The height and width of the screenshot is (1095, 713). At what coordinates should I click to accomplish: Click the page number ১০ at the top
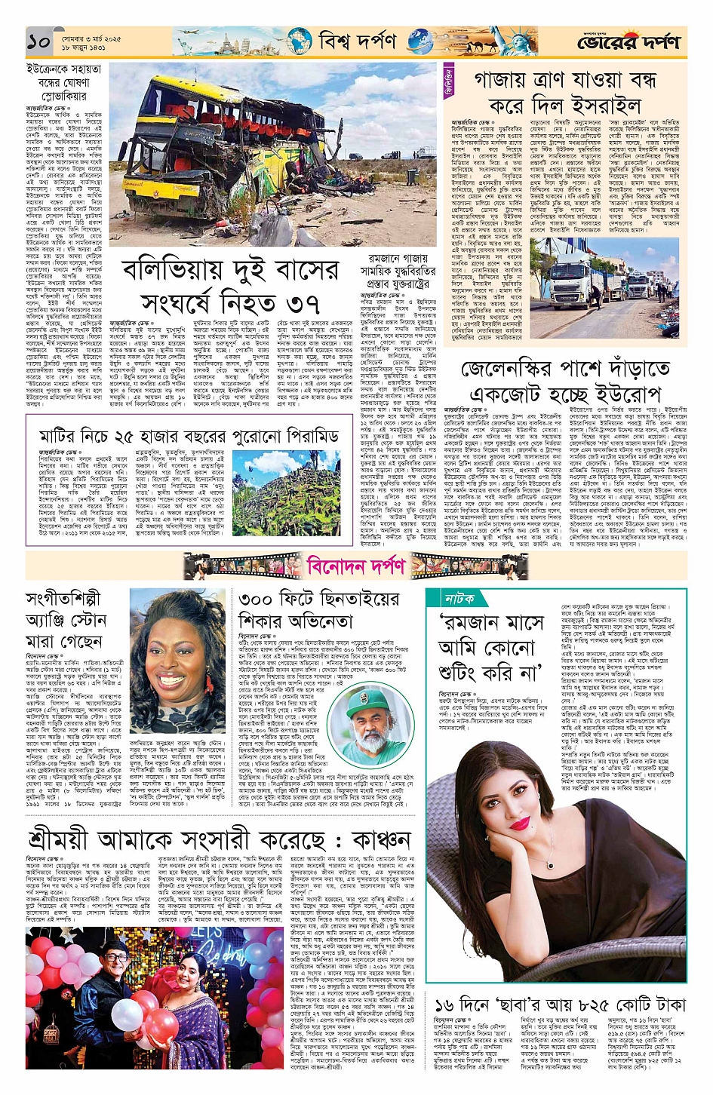[38, 42]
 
